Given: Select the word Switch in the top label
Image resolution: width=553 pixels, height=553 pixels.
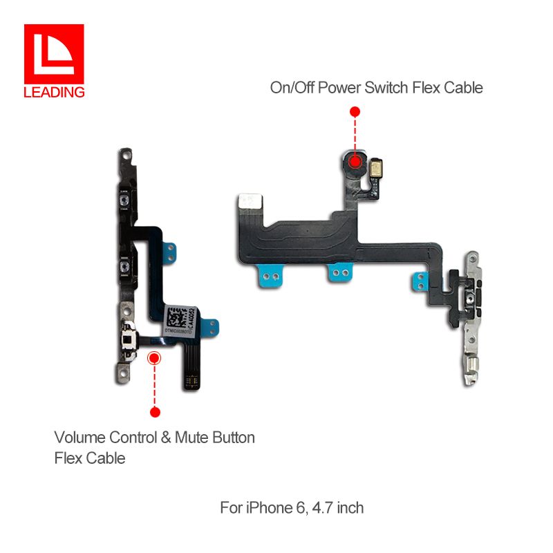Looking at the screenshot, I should [x=394, y=88].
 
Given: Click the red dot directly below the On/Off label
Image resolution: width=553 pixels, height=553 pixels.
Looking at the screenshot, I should [x=355, y=111].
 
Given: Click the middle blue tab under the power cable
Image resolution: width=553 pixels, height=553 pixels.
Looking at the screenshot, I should [x=338, y=274].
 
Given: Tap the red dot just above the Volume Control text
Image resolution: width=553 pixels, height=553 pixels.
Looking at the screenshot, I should [x=155, y=412].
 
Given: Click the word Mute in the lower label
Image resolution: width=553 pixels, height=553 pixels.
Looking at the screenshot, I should [x=191, y=438].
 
